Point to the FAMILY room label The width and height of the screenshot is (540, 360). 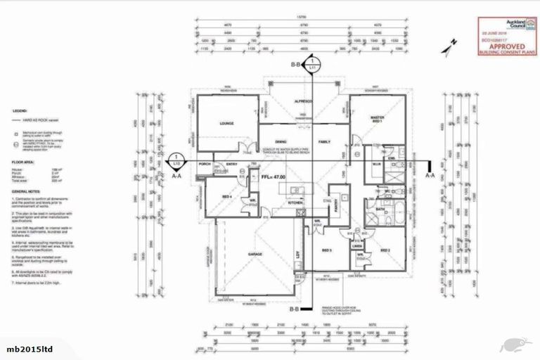coord(324,141)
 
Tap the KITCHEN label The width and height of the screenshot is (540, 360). coord(295,203)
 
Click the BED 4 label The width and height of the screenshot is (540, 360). coord(226,197)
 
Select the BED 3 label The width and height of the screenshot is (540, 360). coord(327,250)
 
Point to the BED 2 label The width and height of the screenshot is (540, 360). coord(385,250)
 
